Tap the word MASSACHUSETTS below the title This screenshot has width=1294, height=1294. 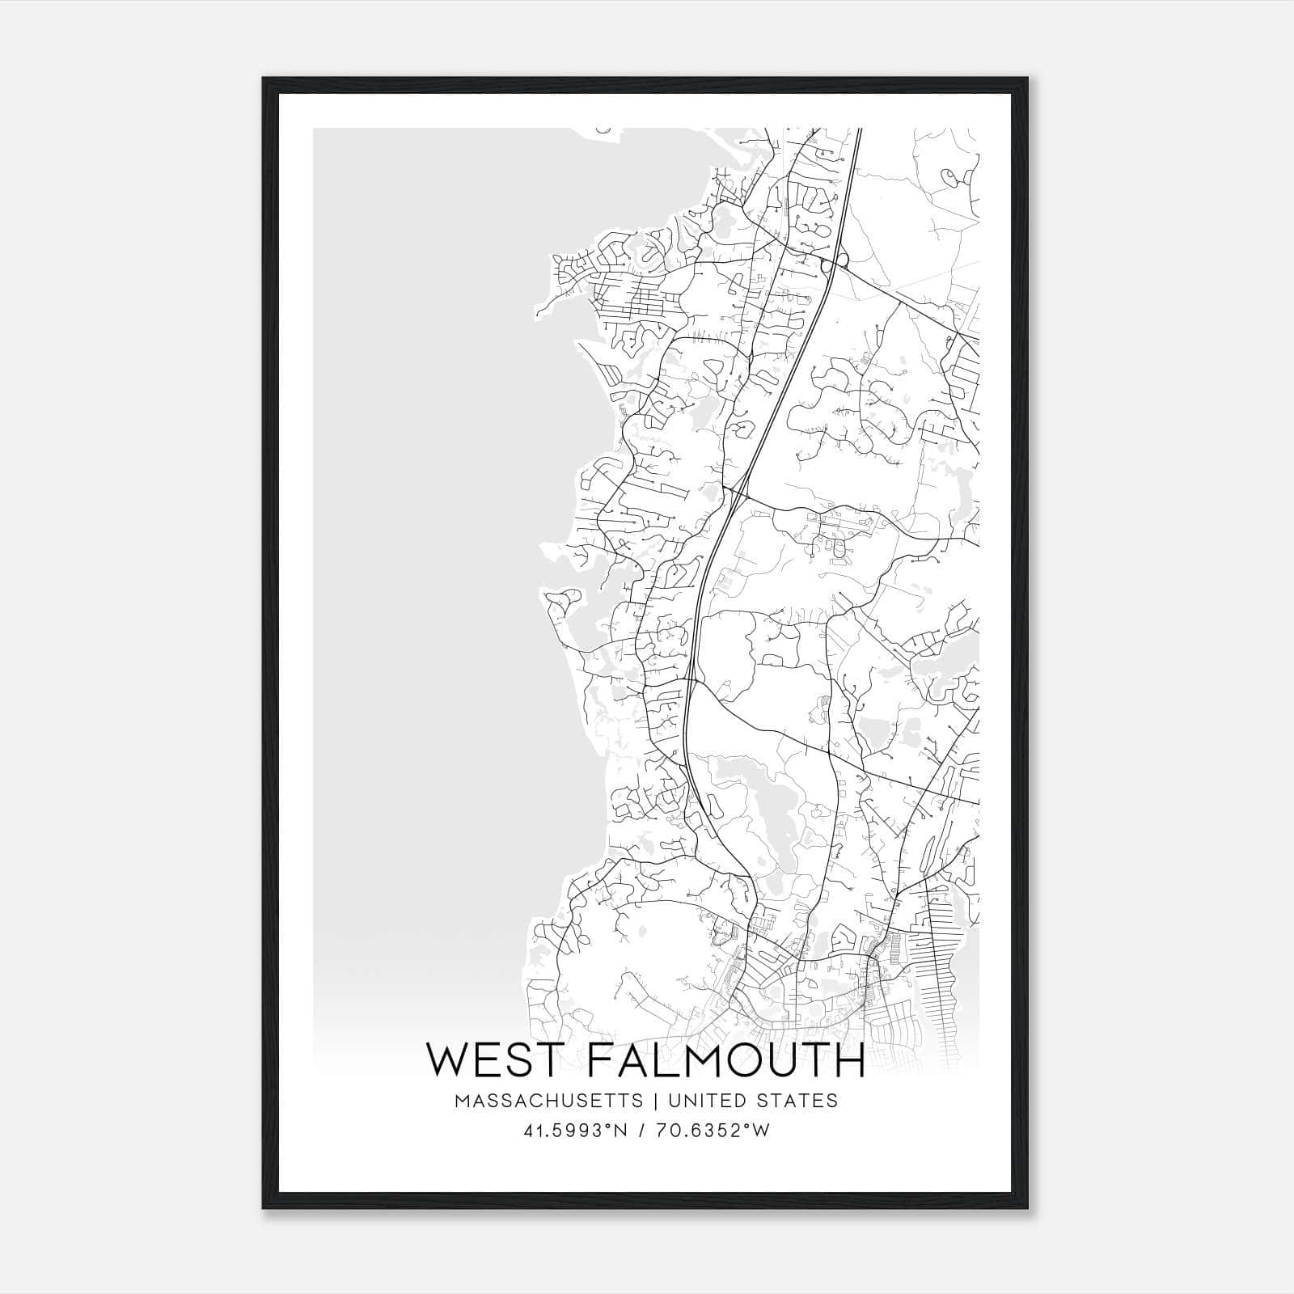[548, 1101]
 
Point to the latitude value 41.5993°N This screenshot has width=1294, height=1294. [575, 1131]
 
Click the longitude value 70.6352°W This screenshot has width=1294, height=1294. [711, 1131]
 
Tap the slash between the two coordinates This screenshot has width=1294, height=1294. [642, 1131]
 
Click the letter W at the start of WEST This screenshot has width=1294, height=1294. [446, 1060]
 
